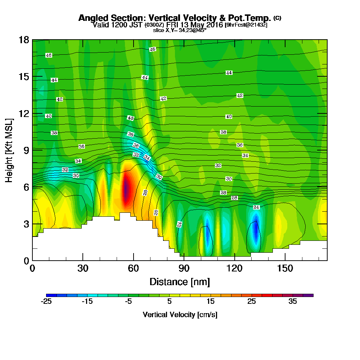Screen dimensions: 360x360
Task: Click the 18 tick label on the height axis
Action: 23,40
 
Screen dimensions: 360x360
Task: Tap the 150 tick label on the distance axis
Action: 285,268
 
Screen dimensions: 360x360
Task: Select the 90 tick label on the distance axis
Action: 184,268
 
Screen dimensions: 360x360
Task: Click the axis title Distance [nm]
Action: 180,282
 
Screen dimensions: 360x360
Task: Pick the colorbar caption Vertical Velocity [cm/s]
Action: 180,315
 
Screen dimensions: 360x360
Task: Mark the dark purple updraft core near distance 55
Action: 126,189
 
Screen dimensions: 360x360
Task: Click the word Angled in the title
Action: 91,18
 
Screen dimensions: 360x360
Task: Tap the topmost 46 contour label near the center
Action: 153,49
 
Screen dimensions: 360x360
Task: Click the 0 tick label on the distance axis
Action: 32,268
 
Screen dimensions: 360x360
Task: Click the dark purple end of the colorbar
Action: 310,295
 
